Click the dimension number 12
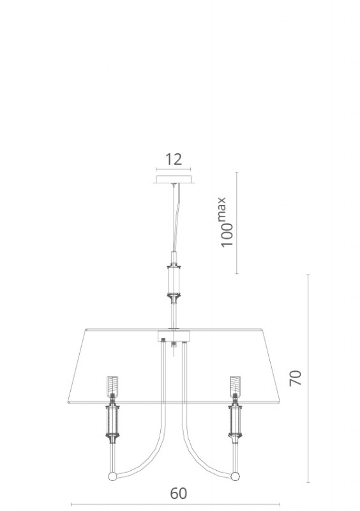pos(174,160)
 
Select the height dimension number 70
pos(296,378)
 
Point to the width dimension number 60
pos(179,493)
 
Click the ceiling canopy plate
pos(174,179)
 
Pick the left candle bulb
pos(112,386)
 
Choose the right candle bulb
pos(235,386)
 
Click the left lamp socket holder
pos(112,421)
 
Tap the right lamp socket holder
pos(235,421)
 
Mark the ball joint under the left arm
pos(112,476)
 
